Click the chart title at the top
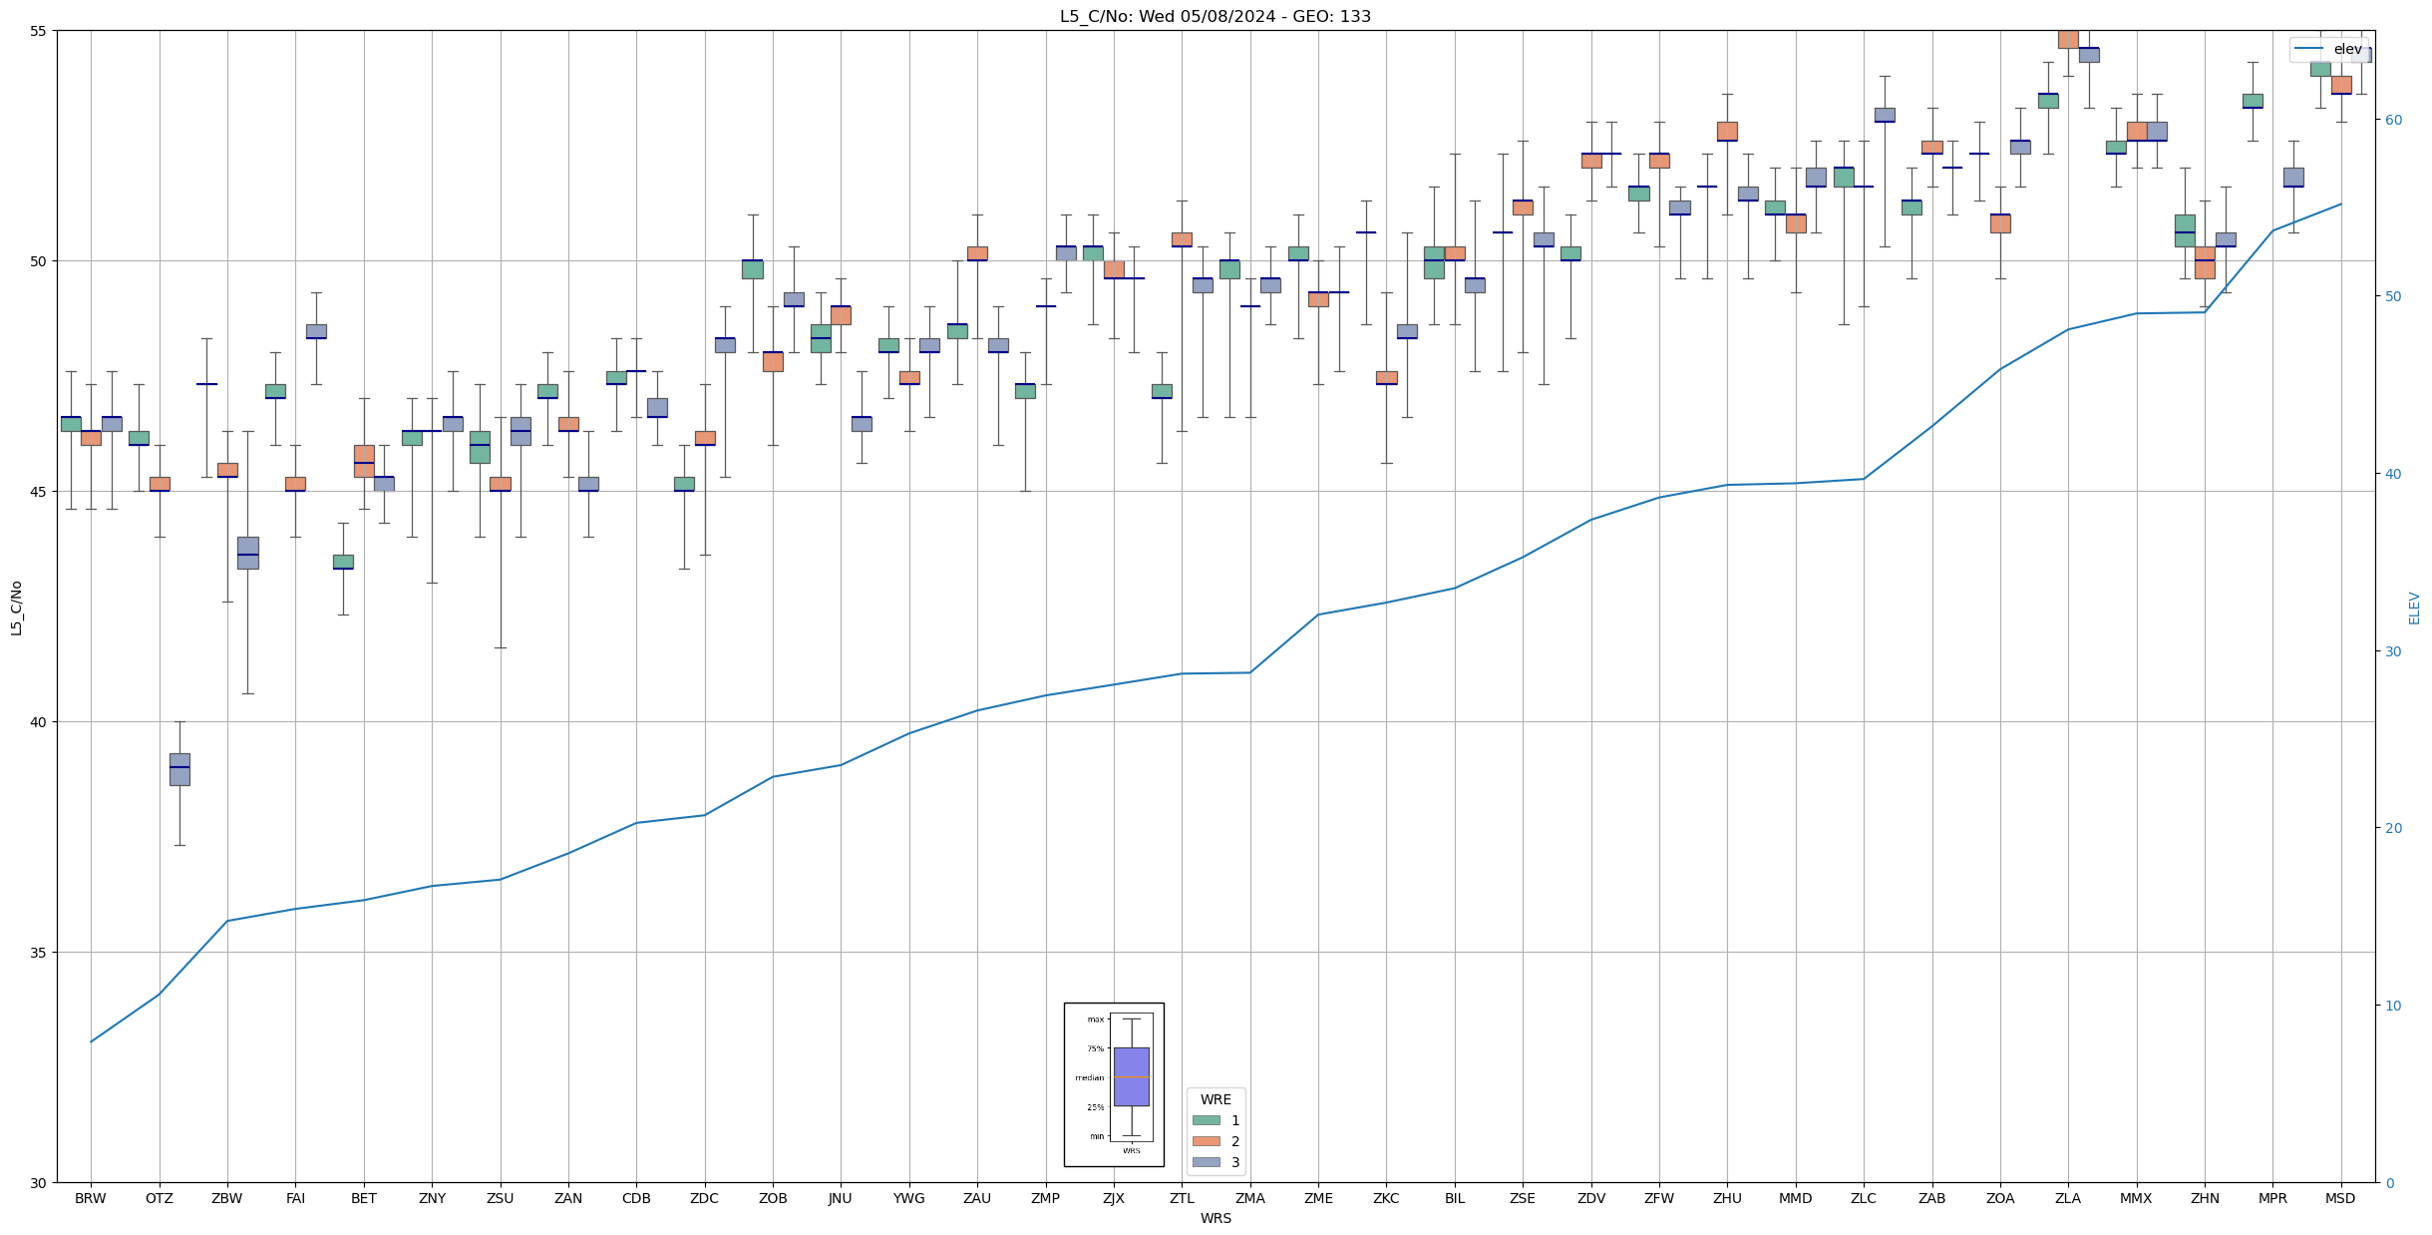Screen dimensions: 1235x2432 (1215, 17)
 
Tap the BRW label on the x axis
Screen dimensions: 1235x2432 (91, 1198)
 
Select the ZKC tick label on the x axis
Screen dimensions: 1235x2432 (1386, 1198)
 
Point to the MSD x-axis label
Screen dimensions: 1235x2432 (2340, 1198)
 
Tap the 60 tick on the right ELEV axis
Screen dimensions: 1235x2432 (2392, 120)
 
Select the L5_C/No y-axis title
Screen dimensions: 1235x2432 (16, 607)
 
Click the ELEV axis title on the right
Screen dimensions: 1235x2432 (2414, 607)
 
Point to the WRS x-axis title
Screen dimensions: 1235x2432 (1216, 1218)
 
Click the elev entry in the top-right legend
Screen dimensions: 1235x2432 (2347, 49)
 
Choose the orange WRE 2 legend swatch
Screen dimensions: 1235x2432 (1206, 1141)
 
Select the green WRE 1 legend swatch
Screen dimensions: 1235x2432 (1206, 1120)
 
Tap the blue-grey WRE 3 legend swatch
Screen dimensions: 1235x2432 (1206, 1162)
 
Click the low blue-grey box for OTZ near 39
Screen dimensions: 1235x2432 (179, 769)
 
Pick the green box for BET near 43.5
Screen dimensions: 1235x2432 (343, 562)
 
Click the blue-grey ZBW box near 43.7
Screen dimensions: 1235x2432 (247, 553)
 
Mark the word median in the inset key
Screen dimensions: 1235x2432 (1089, 1077)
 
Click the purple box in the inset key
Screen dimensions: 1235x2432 (1131, 1076)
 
